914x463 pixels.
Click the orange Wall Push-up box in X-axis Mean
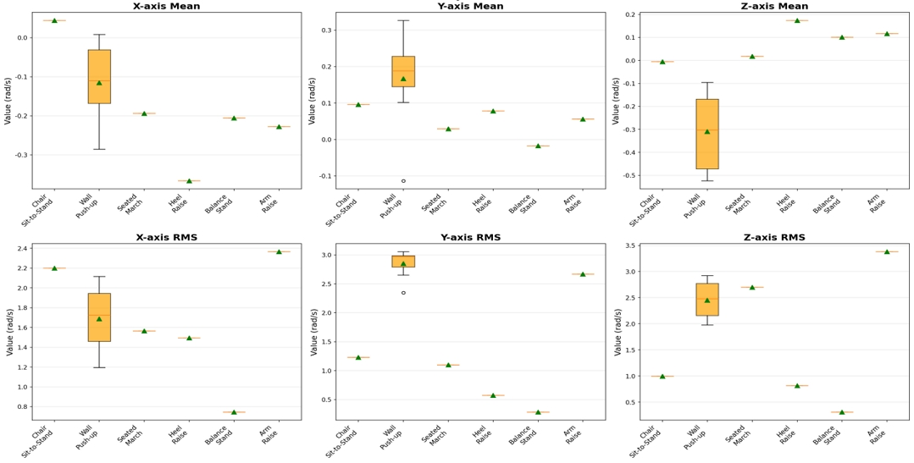99,76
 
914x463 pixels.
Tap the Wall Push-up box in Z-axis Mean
707,134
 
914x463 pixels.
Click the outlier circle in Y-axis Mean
403,180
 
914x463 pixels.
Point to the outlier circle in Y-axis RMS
403,293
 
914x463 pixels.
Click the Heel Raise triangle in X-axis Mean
189,180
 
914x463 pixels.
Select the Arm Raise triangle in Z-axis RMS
887,251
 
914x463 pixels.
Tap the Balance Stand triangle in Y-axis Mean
538,146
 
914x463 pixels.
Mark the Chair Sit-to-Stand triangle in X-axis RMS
54,268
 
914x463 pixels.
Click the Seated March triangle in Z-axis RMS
752,287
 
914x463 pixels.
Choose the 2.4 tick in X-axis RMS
19,248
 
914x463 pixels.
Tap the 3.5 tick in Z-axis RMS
628,245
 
